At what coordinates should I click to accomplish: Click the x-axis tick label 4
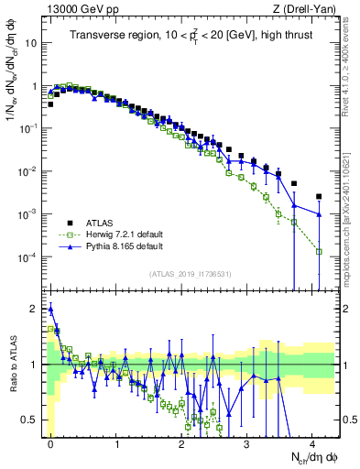pyautogui.click(x=312, y=441)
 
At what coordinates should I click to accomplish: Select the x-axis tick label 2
pyautogui.click(x=181, y=441)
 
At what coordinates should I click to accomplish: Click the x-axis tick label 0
pyautogui.click(x=50, y=441)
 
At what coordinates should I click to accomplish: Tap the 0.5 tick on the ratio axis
pyautogui.click(x=29, y=420)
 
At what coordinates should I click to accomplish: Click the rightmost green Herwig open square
pyautogui.click(x=319, y=251)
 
